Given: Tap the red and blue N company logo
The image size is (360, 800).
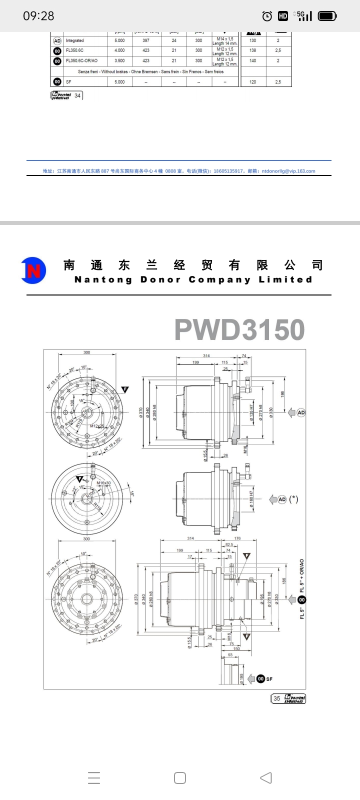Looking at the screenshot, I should (33, 270).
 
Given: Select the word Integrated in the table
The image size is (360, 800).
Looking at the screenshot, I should (75, 40).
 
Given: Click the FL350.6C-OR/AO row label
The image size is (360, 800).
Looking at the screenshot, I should (81, 60).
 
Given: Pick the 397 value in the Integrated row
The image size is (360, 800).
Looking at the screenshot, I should (146, 40).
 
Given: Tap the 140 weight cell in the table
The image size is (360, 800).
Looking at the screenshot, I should (252, 60).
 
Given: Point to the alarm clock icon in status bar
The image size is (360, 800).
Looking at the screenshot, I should (267, 16).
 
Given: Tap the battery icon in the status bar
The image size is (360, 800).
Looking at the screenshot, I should (327, 16).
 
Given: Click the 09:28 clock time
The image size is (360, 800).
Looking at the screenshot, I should (38, 16).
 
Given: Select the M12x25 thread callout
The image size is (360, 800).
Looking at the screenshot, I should (97, 426).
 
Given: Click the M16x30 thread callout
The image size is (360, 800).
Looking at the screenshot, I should (104, 483).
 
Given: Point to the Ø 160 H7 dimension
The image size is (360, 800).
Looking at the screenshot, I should (251, 499).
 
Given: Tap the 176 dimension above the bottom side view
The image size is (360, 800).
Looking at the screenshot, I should (237, 538).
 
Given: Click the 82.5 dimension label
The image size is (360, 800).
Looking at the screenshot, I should (229, 544).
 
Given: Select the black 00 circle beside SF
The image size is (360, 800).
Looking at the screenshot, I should (260, 678).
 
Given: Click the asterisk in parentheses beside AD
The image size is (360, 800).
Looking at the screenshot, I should (294, 499).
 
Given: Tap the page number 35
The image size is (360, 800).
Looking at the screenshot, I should (277, 698).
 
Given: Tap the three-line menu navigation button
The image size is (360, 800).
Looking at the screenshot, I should (94, 778).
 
